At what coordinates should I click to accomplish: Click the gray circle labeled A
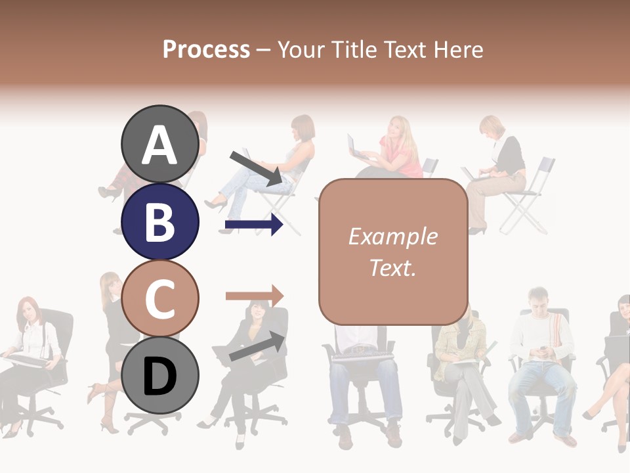coord(159,145)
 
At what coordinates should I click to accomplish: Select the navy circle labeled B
coord(159,221)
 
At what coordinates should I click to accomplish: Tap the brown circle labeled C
coord(159,299)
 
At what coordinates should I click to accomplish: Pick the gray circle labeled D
coord(159,376)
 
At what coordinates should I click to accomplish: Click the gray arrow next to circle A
coord(256,168)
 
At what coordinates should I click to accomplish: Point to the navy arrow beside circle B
coord(254,225)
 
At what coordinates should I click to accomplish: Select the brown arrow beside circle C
coord(254,296)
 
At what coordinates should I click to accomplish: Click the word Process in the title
coord(206,49)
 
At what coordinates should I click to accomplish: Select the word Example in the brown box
coord(392,236)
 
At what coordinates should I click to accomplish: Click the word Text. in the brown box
coord(392,267)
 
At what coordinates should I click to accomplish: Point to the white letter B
coord(159,222)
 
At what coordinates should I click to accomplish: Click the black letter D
coord(159,376)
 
